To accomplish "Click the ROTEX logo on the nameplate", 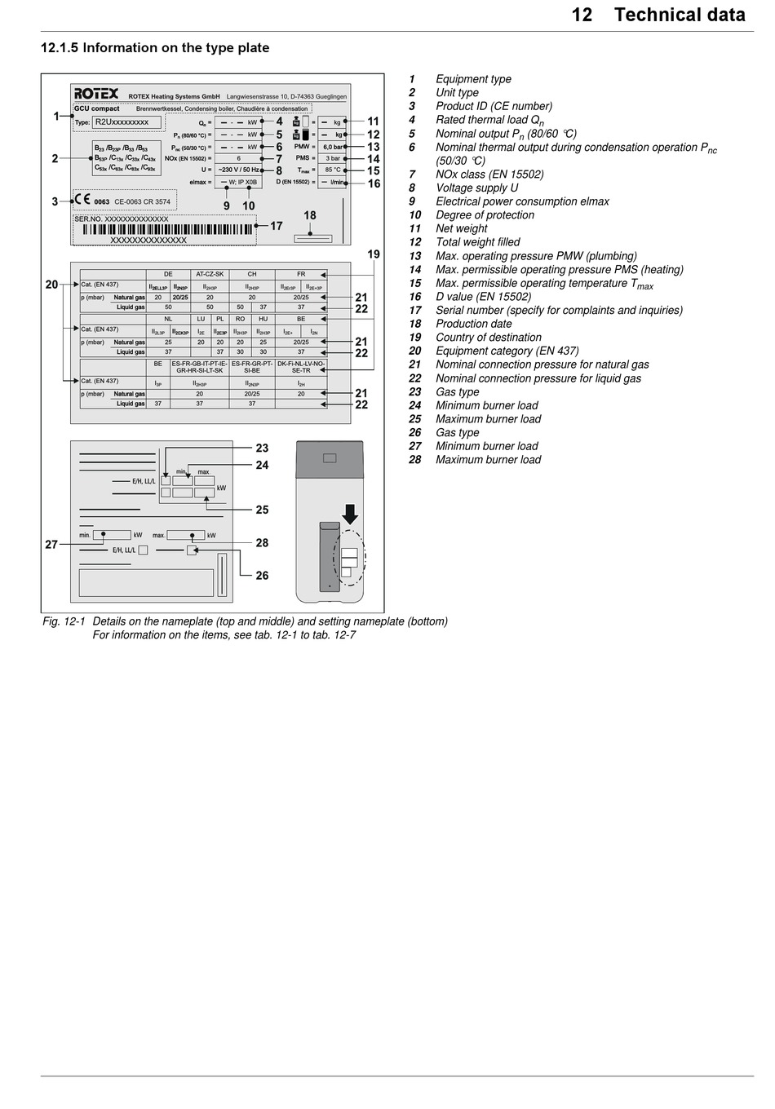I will click(x=96, y=94).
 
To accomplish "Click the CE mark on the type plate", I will click(x=82, y=200).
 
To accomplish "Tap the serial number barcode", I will click(x=163, y=230).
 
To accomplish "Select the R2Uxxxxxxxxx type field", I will click(x=126, y=122).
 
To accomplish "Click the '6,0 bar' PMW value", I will click(x=332, y=147).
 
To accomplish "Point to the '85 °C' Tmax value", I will click(x=333, y=170).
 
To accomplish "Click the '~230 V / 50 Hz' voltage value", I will click(x=238, y=170).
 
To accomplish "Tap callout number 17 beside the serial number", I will click(x=277, y=226).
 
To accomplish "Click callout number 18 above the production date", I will click(x=310, y=216).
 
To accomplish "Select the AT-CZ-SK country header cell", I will click(x=210, y=274).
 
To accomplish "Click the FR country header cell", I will click(x=301, y=274).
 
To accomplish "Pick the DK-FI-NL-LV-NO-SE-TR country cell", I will click(x=301, y=367).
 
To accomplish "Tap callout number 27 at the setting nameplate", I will click(x=51, y=545).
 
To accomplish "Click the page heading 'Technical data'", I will click(x=680, y=15).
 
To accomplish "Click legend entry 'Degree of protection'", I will click(x=485, y=215).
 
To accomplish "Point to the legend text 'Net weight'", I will click(x=461, y=228).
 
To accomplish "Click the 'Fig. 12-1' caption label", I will click(x=64, y=621).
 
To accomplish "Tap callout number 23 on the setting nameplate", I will click(x=262, y=448).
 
